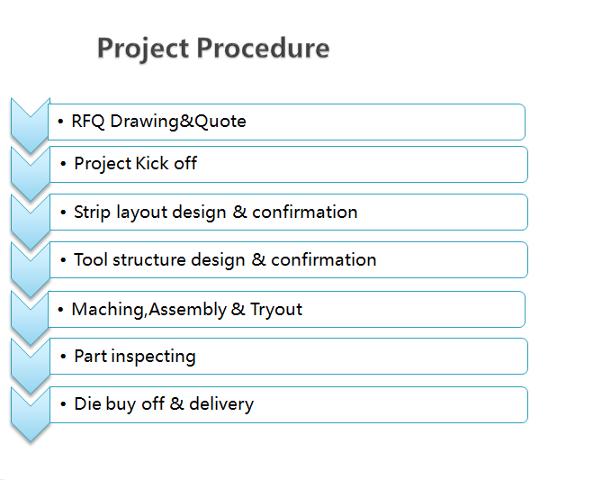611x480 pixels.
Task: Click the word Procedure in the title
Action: pyautogui.click(x=263, y=48)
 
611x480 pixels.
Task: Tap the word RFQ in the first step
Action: pyautogui.click(x=87, y=122)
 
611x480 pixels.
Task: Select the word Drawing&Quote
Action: pyautogui.click(x=178, y=122)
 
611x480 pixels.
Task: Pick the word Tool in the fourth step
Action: pyautogui.click(x=90, y=259)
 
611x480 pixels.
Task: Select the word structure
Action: pyautogui.click(x=148, y=259)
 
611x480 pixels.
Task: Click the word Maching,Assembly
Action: pyautogui.click(x=148, y=310)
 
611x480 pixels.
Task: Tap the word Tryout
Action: pyautogui.click(x=276, y=310)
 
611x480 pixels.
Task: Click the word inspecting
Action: pyautogui.click(x=154, y=357)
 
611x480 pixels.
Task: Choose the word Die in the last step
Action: pyautogui.click(x=85, y=404)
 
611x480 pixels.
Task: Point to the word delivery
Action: pyautogui.click(x=221, y=404)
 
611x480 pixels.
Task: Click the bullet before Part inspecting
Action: pyautogui.click(x=63, y=357)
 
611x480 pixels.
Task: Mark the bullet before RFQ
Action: pyautogui.click(x=60, y=122)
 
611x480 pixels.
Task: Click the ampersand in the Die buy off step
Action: pyautogui.click(x=176, y=404)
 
